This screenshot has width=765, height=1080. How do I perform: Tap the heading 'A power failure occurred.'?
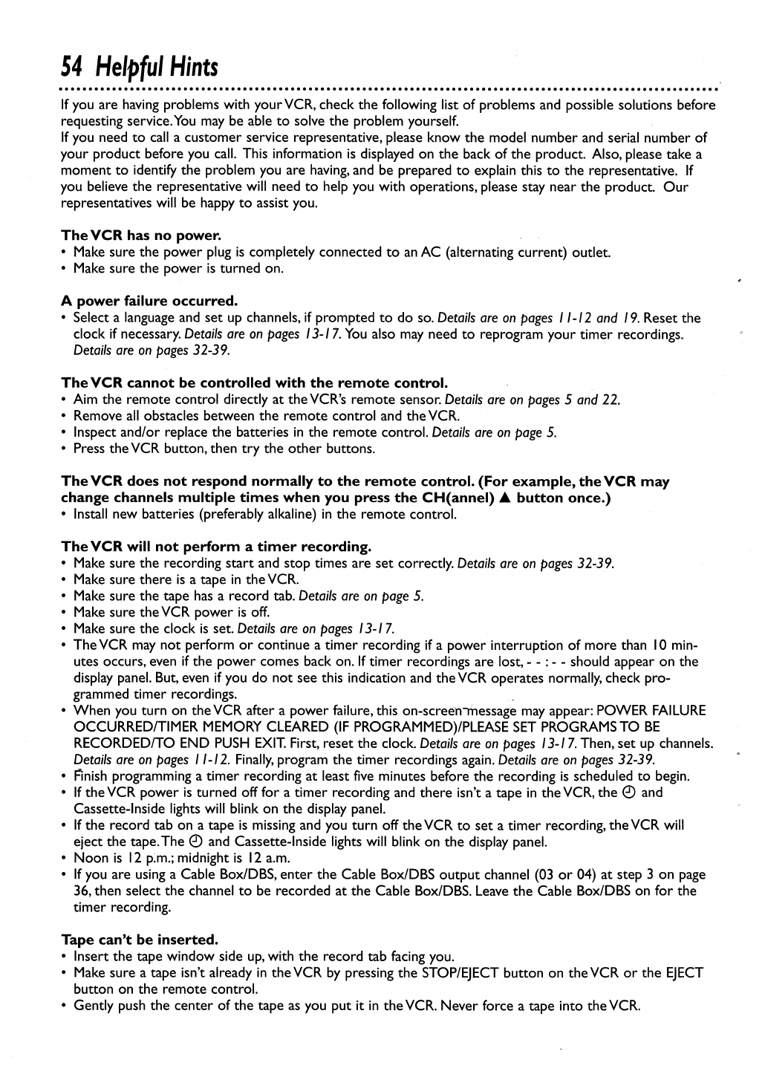point(149,301)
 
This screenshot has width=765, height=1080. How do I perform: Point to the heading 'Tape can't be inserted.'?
point(139,940)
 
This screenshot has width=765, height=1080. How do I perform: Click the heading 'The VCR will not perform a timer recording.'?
point(215,547)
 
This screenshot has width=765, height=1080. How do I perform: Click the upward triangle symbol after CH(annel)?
point(506,498)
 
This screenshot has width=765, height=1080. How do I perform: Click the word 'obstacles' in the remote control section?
point(159,416)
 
